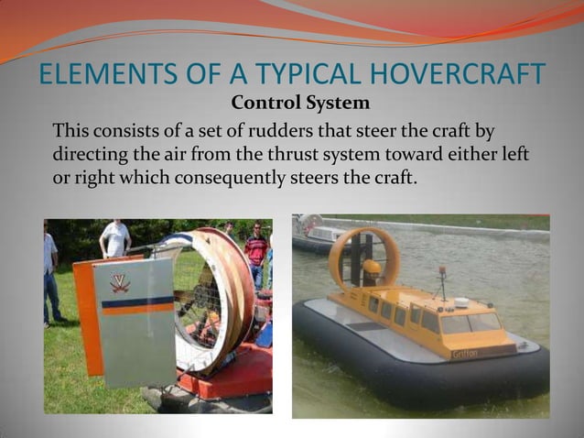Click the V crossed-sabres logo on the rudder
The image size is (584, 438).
point(120,283)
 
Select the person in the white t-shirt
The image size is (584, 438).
point(116,238)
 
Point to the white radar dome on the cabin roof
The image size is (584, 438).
point(460,302)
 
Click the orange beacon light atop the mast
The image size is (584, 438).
point(442,271)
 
